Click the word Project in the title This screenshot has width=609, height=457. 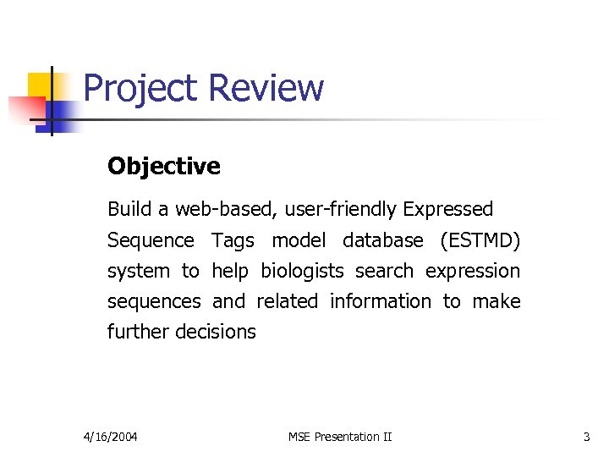(x=140, y=89)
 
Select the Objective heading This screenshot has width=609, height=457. (x=164, y=167)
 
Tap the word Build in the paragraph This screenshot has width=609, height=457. (x=125, y=209)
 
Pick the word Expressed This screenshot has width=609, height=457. (x=448, y=209)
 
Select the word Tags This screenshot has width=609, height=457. (x=233, y=240)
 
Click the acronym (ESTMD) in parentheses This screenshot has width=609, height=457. (x=480, y=240)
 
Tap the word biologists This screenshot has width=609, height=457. (x=302, y=271)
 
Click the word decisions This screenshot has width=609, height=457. (x=216, y=332)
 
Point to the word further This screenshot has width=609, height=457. (x=138, y=332)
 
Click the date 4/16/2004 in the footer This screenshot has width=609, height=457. (x=111, y=437)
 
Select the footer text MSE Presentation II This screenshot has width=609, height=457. (x=340, y=437)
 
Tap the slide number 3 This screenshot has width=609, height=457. (x=586, y=437)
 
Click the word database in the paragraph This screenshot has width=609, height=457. (x=382, y=240)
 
